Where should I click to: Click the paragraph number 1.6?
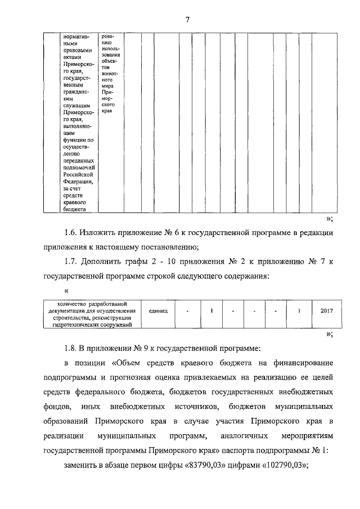pyautogui.click(x=70, y=232)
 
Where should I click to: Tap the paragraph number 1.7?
pyautogui.click(x=70, y=262)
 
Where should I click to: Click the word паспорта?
pyautogui.click(x=246, y=450)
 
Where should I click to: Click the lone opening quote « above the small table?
pyautogui.click(x=67, y=291)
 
